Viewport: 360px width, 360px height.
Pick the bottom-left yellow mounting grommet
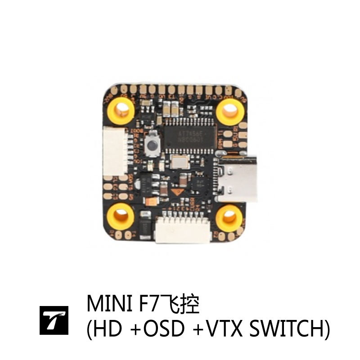tap(122, 215)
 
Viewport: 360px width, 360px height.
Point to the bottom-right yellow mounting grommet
tap(229, 218)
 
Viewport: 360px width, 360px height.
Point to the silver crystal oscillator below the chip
tap(180, 161)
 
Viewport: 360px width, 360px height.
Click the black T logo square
tap(54, 321)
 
